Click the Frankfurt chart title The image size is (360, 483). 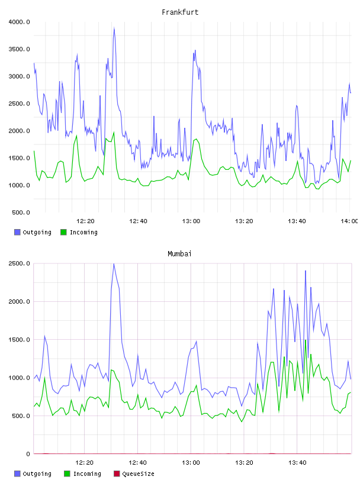click(x=180, y=12)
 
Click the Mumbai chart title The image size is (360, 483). click(x=179, y=254)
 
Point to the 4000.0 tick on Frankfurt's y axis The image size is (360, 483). click(x=19, y=22)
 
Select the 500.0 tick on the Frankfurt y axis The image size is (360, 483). click(x=21, y=212)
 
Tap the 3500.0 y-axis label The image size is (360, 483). click(x=19, y=49)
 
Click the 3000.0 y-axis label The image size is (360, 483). click(x=19, y=76)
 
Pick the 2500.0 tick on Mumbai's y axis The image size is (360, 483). click(x=19, y=263)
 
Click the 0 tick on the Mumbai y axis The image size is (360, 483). click(x=28, y=454)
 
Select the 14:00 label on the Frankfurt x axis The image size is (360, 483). click(x=350, y=221)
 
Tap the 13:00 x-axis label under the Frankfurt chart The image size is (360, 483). click(x=191, y=221)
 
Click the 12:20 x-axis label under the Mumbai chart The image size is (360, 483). click(x=84, y=463)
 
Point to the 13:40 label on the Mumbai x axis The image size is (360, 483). click(x=297, y=463)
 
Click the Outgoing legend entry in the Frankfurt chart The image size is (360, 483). click(x=33, y=232)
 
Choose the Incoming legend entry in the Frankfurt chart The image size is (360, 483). click(x=79, y=232)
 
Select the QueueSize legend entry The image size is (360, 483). click(x=134, y=474)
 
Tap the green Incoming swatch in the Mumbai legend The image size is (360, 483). click(x=67, y=474)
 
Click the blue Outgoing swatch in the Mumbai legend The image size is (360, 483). click(x=17, y=474)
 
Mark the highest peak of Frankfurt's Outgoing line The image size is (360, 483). click(x=114, y=28)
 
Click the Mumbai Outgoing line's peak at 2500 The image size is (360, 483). click(x=114, y=264)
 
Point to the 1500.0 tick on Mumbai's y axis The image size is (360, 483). click(x=19, y=339)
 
